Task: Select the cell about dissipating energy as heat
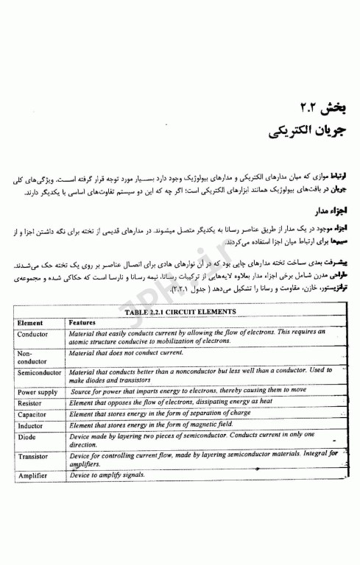(x=169, y=403)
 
